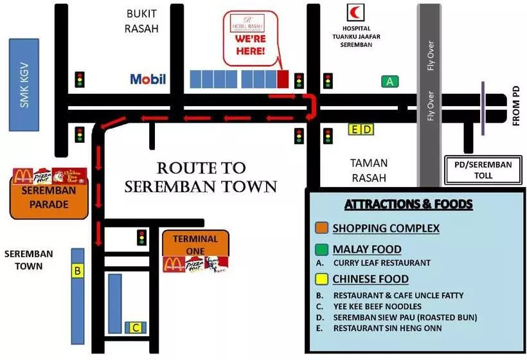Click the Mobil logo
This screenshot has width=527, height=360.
pyautogui.click(x=148, y=79)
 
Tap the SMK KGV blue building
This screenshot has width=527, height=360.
pyautogui.click(x=25, y=84)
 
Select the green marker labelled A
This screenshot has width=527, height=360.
pyautogui.click(x=389, y=81)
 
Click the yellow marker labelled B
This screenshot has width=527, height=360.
pyautogui.click(x=77, y=271)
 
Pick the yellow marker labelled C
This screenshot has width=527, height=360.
pyautogui.click(x=136, y=328)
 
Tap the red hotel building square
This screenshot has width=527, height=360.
pyautogui.click(x=283, y=79)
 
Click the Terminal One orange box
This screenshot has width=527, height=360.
pyautogui.click(x=195, y=244)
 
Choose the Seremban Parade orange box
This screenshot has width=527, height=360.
pyautogui.click(x=49, y=199)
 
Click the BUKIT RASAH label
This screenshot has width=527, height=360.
pyautogui.click(x=142, y=21)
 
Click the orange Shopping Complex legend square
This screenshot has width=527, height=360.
pyautogui.click(x=321, y=228)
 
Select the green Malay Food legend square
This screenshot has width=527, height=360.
pyautogui.click(x=321, y=249)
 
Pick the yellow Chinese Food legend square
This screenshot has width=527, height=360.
pyautogui.click(x=321, y=279)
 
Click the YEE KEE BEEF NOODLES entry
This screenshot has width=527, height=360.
pyautogui.click(x=377, y=306)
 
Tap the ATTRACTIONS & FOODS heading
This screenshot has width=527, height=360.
pyautogui.click(x=409, y=204)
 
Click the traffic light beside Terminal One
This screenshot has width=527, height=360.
pyautogui.click(x=141, y=237)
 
